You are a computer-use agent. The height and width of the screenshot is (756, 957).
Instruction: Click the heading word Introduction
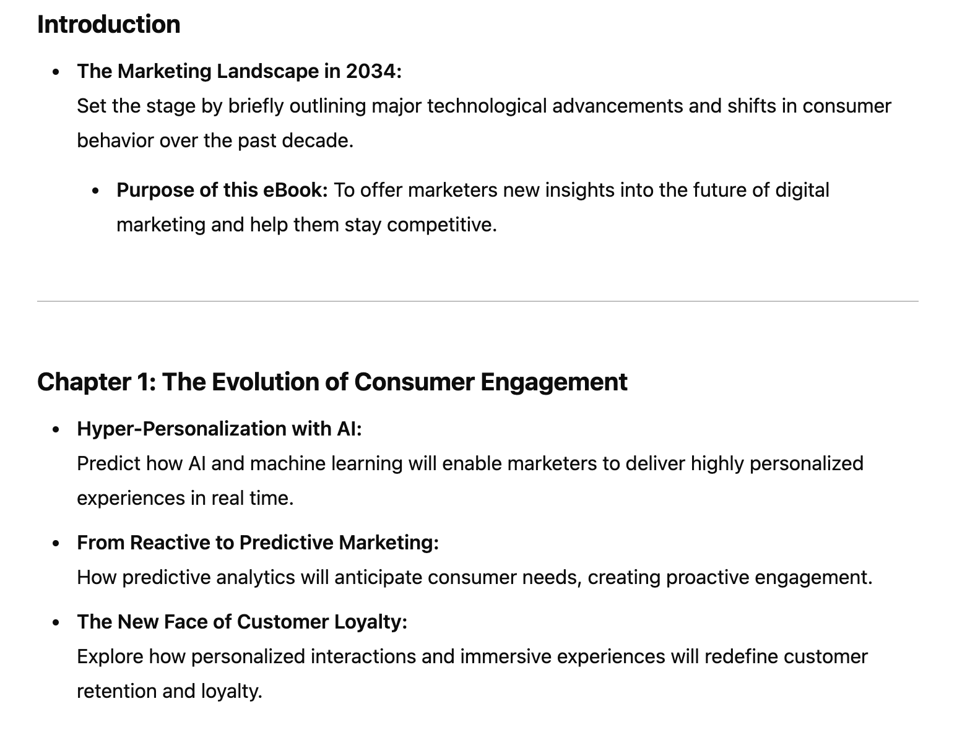[108, 24]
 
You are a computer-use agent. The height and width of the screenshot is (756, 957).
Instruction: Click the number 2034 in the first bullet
[373, 71]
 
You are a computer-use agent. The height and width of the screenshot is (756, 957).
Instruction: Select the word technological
[487, 106]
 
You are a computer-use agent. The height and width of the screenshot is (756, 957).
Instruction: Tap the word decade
[318, 140]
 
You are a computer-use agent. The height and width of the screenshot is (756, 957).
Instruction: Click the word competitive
[441, 225]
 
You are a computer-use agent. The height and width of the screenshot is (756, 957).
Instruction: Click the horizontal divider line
[478, 301]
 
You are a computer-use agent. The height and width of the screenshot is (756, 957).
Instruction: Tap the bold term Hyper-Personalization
[181, 429]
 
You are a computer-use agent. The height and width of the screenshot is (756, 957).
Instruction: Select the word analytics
[256, 578]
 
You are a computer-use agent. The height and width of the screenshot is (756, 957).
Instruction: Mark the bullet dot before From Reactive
[56, 544]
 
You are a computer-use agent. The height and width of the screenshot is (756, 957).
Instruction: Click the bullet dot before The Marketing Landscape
[56, 72]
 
